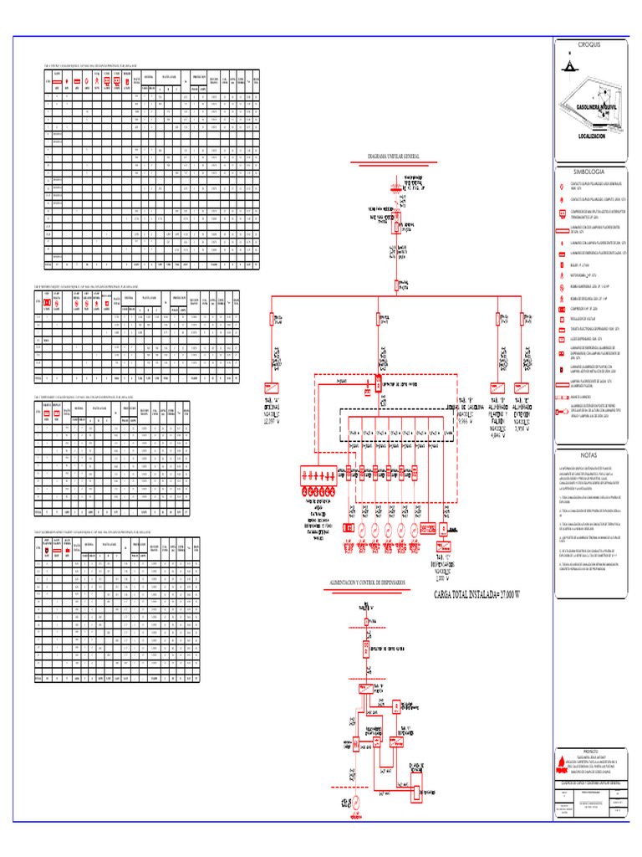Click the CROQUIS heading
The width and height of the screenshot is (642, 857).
point(589,44)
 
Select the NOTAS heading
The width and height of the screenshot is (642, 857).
point(589,454)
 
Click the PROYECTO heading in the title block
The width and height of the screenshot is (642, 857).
point(590,752)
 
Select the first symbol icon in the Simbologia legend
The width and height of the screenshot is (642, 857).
point(562,187)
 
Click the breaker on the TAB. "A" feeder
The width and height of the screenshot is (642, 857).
point(273,319)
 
